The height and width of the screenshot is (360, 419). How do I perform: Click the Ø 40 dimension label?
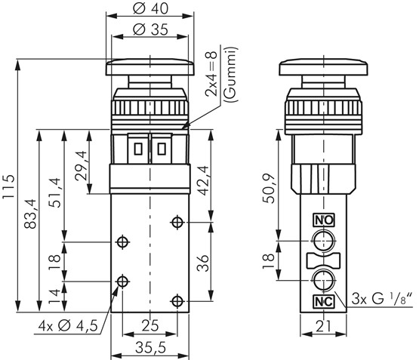click(x=150, y=8)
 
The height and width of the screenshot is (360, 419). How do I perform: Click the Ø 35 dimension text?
click(x=150, y=29)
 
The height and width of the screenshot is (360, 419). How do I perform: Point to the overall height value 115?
click(x=8, y=186)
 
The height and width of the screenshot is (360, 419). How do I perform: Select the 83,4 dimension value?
click(x=30, y=214)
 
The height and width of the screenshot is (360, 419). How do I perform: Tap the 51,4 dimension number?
click(x=55, y=192)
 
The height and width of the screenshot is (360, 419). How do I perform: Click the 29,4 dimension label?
click(x=81, y=165)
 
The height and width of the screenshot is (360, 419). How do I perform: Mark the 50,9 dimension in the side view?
click(x=269, y=189)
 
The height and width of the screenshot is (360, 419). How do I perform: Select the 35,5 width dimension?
click(x=150, y=347)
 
